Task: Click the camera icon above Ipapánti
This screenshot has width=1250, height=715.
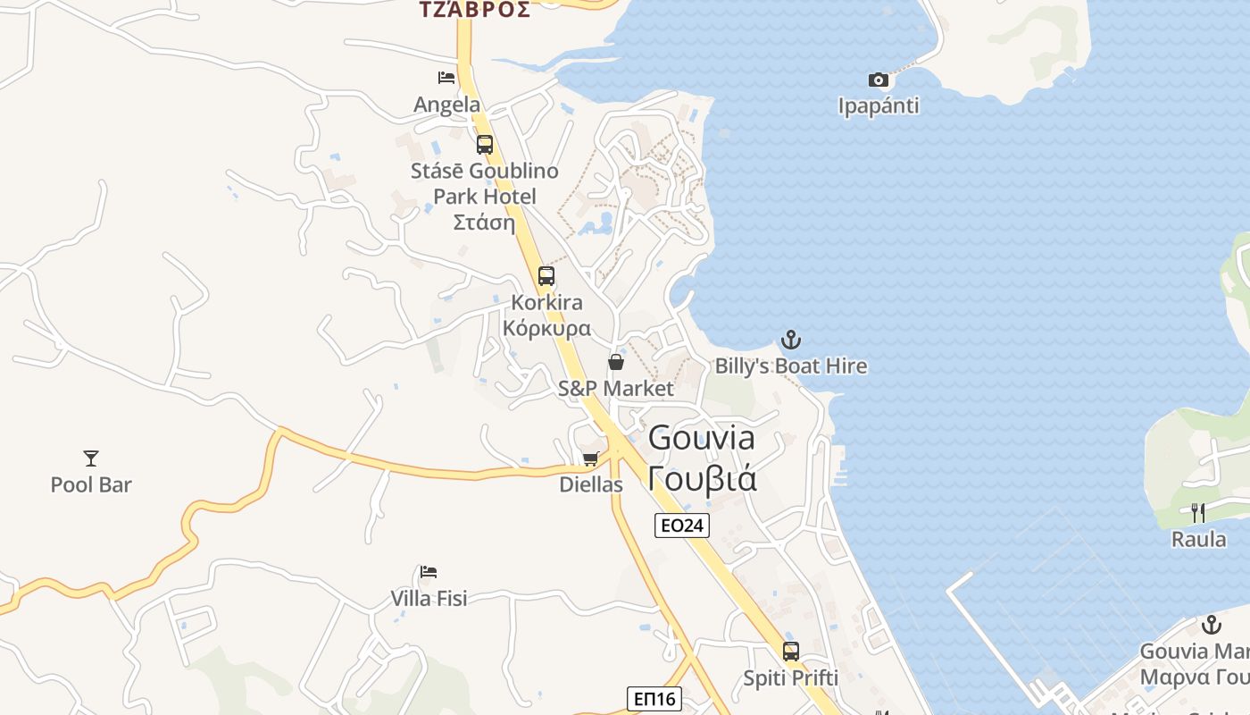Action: [879, 80]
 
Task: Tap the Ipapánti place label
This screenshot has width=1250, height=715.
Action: [879, 105]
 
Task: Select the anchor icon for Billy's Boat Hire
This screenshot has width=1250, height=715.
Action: [791, 340]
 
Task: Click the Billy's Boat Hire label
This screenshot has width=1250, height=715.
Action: [791, 366]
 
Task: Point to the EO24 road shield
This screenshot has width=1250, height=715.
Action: [682, 526]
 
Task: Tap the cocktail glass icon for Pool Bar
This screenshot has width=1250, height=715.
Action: [91, 458]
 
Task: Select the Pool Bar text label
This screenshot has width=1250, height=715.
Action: [91, 484]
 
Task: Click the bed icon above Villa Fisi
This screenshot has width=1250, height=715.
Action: [429, 572]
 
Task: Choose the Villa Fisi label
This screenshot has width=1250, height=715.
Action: [429, 598]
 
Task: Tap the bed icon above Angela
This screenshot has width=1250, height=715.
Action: [446, 78]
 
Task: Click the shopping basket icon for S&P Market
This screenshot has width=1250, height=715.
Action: [616, 362]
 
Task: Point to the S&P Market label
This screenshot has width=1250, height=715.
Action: [616, 389]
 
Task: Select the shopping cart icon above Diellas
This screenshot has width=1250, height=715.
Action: [590, 458]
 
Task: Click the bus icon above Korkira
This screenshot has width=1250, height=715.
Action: [546, 276]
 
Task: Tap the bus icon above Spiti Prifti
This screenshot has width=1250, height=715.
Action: [791, 652]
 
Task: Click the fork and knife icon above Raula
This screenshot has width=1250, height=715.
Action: [1198, 513]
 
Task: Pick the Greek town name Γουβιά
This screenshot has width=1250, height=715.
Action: [703, 479]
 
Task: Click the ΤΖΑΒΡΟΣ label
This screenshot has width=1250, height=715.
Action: [475, 10]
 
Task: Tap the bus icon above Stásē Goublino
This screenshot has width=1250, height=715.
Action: [485, 144]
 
